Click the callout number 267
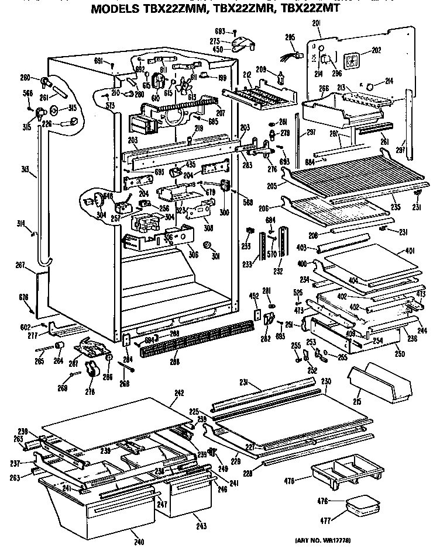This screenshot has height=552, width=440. tap(20, 265)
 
